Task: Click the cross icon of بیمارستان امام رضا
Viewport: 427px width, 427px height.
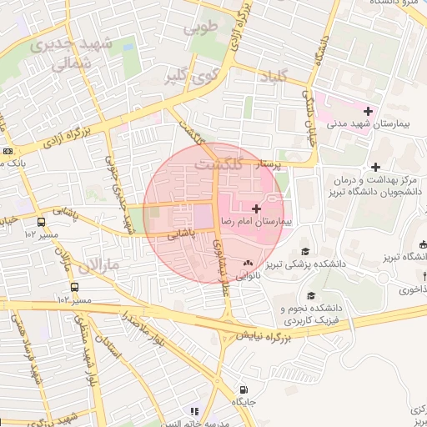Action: click(x=255, y=208)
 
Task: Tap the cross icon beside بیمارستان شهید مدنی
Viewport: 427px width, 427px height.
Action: click(x=368, y=111)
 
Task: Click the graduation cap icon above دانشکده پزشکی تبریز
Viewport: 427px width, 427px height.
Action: click(x=305, y=251)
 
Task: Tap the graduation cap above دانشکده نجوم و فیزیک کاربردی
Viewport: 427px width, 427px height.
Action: click(x=311, y=295)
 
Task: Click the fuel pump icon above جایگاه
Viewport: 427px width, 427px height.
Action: click(x=243, y=389)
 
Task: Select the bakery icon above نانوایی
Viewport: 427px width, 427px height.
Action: click(x=247, y=263)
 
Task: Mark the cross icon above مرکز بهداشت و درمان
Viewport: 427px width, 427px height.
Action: click(x=376, y=167)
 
